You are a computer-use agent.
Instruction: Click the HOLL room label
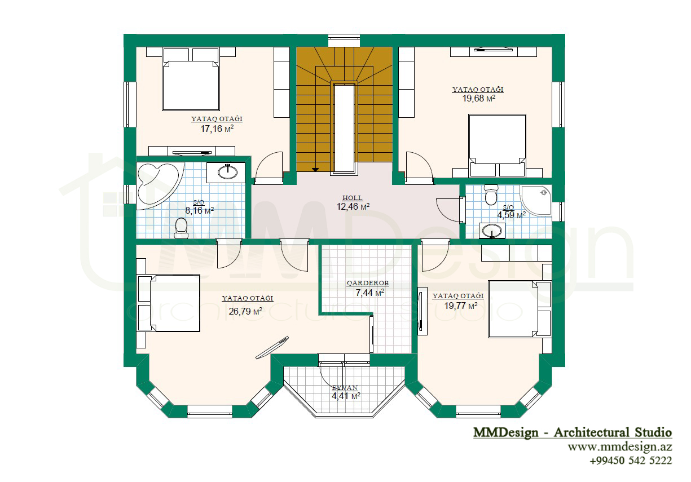353,198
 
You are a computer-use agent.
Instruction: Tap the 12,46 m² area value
353,206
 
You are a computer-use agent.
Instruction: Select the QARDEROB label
368,283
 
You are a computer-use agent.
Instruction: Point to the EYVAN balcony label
345,388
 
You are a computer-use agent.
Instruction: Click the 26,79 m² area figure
245,311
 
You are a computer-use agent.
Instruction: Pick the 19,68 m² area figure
478,98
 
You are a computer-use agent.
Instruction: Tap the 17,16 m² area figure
217,129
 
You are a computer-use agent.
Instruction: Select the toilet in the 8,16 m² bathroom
181,228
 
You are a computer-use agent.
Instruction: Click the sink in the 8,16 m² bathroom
227,172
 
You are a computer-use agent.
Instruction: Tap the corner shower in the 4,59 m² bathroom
536,200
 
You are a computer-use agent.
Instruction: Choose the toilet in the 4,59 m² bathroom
491,194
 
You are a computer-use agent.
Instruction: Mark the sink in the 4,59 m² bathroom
492,231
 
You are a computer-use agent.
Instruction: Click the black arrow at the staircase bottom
315,170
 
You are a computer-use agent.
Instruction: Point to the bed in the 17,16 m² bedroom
191,79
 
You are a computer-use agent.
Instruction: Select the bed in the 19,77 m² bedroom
520,309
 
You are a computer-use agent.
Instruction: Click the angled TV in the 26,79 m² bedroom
272,347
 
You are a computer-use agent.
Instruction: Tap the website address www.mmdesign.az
620,447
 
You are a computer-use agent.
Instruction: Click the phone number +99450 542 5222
631,461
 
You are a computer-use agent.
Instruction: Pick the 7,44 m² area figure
370,292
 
